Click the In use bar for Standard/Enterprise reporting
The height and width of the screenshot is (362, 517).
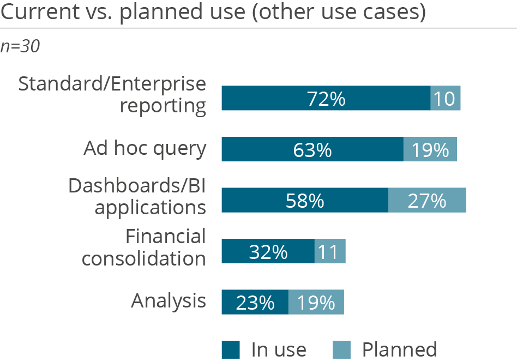coord(326,99)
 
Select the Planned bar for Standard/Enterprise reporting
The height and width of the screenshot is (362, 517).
coord(446,99)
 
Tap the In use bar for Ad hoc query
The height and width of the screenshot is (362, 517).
coord(312,149)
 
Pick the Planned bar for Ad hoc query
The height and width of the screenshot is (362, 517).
coord(430,149)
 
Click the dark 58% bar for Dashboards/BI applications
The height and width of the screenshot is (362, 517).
coord(304,200)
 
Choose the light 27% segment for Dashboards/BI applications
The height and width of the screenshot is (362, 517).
coord(427,200)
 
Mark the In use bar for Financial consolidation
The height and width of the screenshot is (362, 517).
coord(268,251)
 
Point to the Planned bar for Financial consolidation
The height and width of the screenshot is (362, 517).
coord(330,251)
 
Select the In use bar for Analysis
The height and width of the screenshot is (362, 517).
coord(255,302)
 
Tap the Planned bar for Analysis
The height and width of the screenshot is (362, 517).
coord(316,302)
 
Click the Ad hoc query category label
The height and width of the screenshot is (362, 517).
coord(145,148)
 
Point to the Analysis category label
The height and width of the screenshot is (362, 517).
coord(169,300)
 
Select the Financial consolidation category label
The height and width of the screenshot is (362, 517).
coord(145,247)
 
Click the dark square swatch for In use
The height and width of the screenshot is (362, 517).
coord(231,349)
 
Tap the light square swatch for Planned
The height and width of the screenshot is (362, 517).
coord(341,349)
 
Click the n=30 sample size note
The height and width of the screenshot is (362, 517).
coord(20,47)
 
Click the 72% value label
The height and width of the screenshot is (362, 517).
coord(326,99)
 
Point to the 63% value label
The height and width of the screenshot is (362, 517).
coord(312,150)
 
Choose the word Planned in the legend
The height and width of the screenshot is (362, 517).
coord(399,349)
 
